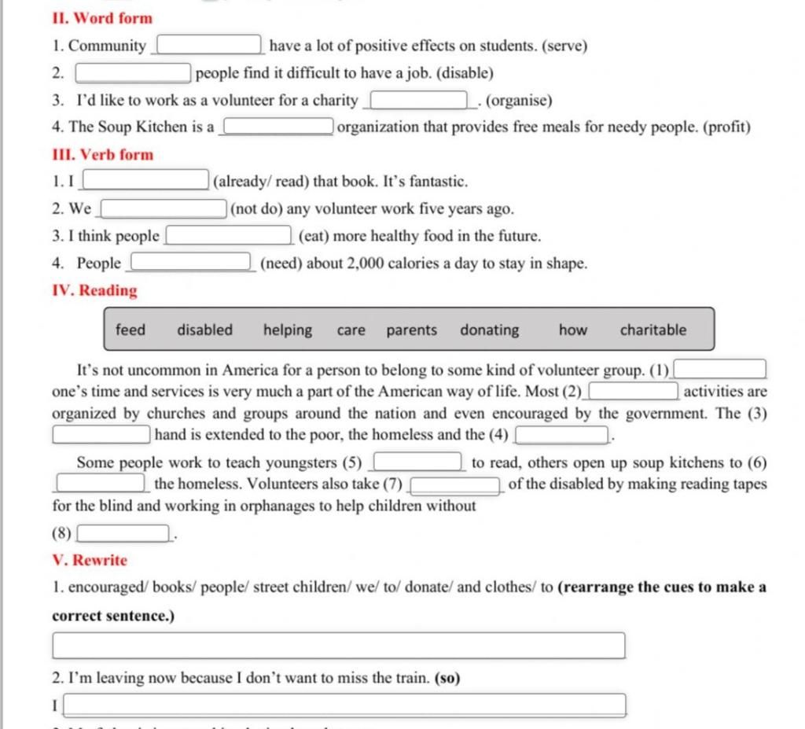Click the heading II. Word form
(x=102, y=18)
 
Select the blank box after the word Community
(x=210, y=46)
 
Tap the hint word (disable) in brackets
(x=465, y=74)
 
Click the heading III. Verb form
(x=103, y=155)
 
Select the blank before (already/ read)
(x=145, y=182)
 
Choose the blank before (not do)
(x=164, y=209)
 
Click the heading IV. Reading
(x=94, y=291)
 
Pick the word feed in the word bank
(x=130, y=330)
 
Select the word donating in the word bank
(x=490, y=330)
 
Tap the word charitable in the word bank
(x=652, y=330)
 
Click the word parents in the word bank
(x=411, y=330)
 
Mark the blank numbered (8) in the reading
(x=123, y=534)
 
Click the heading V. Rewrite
(x=90, y=561)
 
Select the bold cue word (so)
(x=447, y=678)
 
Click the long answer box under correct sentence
(x=339, y=646)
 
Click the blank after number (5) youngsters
(x=417, y=462)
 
